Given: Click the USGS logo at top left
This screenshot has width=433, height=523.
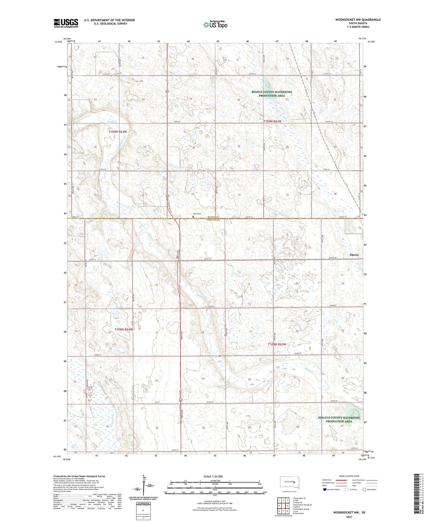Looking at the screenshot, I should click(x=66, y=23).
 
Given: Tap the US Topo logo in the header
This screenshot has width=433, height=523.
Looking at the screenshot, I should click(x=215, y=25).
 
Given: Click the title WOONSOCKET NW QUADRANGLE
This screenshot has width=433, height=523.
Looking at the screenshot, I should click(x=358, y=20).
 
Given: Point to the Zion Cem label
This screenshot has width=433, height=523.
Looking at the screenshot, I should click(x=197, y=214).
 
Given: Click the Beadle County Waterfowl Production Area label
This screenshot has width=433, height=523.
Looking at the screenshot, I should click(x=272, y=94).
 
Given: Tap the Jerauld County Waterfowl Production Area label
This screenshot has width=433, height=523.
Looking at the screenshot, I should click(x=339, y=419).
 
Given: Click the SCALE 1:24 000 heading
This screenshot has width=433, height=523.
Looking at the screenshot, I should click(x=215, y=476).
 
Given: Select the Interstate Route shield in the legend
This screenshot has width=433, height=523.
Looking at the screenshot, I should click(x=325, y=490).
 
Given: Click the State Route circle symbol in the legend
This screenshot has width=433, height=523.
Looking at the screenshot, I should click(x=364, y=490).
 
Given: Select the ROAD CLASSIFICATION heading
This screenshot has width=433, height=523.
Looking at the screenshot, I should click(x=349, y=476).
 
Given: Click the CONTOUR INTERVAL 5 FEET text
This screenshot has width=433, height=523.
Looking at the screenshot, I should click(x=215, y=502).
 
